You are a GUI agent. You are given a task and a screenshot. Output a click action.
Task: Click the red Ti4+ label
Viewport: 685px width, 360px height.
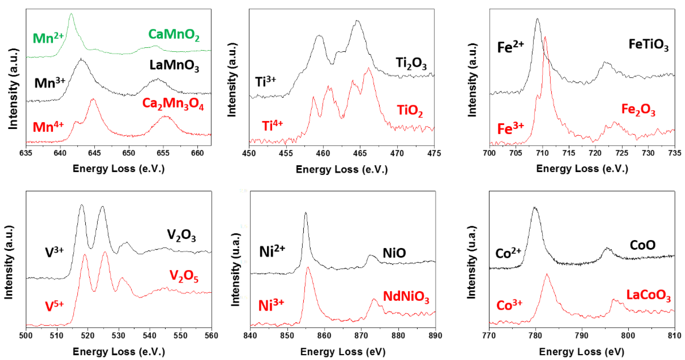(272, 126)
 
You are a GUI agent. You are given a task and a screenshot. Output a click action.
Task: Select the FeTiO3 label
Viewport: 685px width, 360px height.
(648, 45)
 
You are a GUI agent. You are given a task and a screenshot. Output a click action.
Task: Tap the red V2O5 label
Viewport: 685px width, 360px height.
(184, 276)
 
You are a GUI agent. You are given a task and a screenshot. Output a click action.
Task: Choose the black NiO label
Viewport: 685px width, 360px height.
(394, 253)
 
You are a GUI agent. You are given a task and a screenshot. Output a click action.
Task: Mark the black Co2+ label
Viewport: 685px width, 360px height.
(508, 253)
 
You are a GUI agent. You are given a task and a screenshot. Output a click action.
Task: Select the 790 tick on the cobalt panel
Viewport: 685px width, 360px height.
(582, 335)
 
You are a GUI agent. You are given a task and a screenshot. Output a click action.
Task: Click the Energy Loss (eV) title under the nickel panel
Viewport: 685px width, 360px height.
(343, 352)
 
